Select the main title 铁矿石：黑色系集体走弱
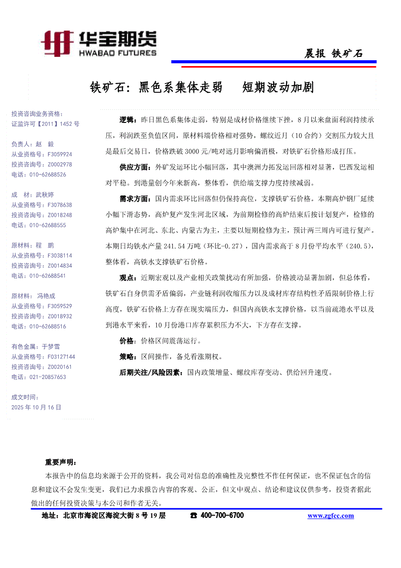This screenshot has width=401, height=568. pos(156,87)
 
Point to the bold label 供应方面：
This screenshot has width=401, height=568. pos(135,167)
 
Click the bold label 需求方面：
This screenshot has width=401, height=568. pos(135,199)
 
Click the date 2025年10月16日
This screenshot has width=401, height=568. pos(36,407)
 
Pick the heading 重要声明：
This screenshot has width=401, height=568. pos(61,462)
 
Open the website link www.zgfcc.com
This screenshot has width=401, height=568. pos(331,516)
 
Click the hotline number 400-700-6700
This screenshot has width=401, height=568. pos(222,516)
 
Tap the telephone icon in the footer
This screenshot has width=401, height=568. pos(194,516)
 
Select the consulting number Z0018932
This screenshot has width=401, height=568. pos(60,316)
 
